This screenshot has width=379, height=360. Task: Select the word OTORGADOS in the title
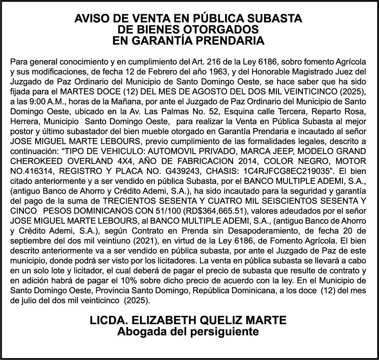226,29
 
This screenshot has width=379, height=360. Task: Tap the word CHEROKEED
35,162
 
